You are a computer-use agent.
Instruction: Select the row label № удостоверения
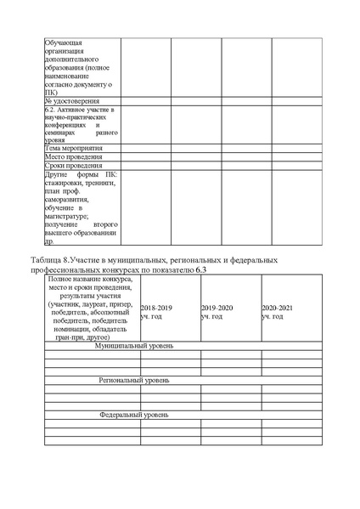click(68, 101)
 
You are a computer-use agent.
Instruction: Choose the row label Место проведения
click(70, 156)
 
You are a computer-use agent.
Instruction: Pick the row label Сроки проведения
click(70, 165)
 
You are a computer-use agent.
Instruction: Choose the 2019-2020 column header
click(217, 308)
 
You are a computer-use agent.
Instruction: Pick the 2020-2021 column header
click(277, 308)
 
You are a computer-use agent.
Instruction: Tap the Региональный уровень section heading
click(134, 381)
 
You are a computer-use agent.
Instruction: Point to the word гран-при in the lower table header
click(71, 337)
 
